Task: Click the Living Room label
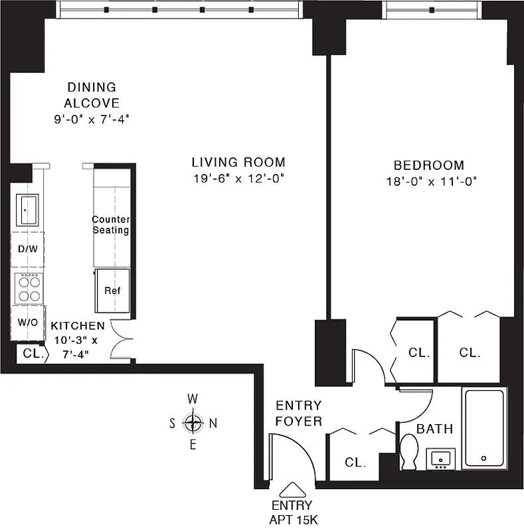238,162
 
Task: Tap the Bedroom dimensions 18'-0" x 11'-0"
428,180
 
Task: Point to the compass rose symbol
193,422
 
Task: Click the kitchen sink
27,210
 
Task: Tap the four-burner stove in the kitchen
29,289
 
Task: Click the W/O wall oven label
28,323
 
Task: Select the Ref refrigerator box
112,290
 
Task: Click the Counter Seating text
110,225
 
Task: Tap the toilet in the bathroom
409,452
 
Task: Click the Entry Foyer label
299,413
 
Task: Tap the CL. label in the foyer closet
355,462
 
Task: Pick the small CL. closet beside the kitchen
32,354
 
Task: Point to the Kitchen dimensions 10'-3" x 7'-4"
76,347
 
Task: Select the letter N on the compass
213,423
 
